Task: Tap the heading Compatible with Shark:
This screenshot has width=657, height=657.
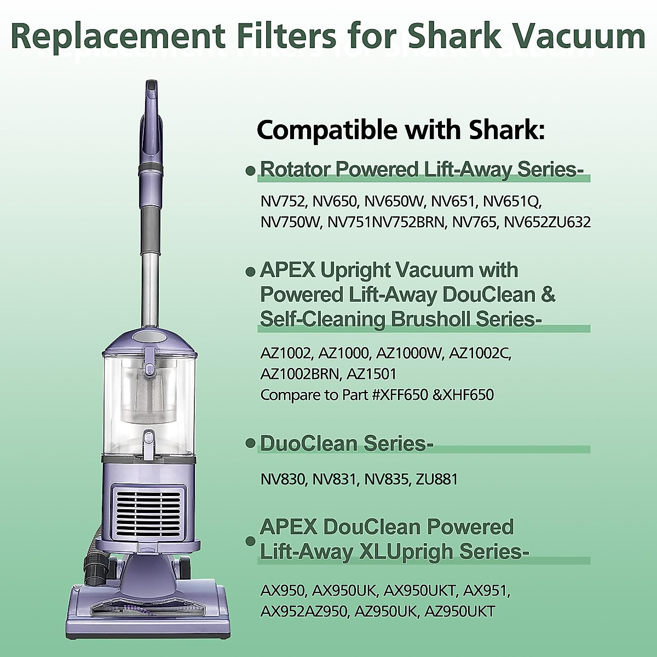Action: coord(401,130)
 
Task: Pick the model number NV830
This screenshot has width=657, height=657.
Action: coord(283,480)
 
